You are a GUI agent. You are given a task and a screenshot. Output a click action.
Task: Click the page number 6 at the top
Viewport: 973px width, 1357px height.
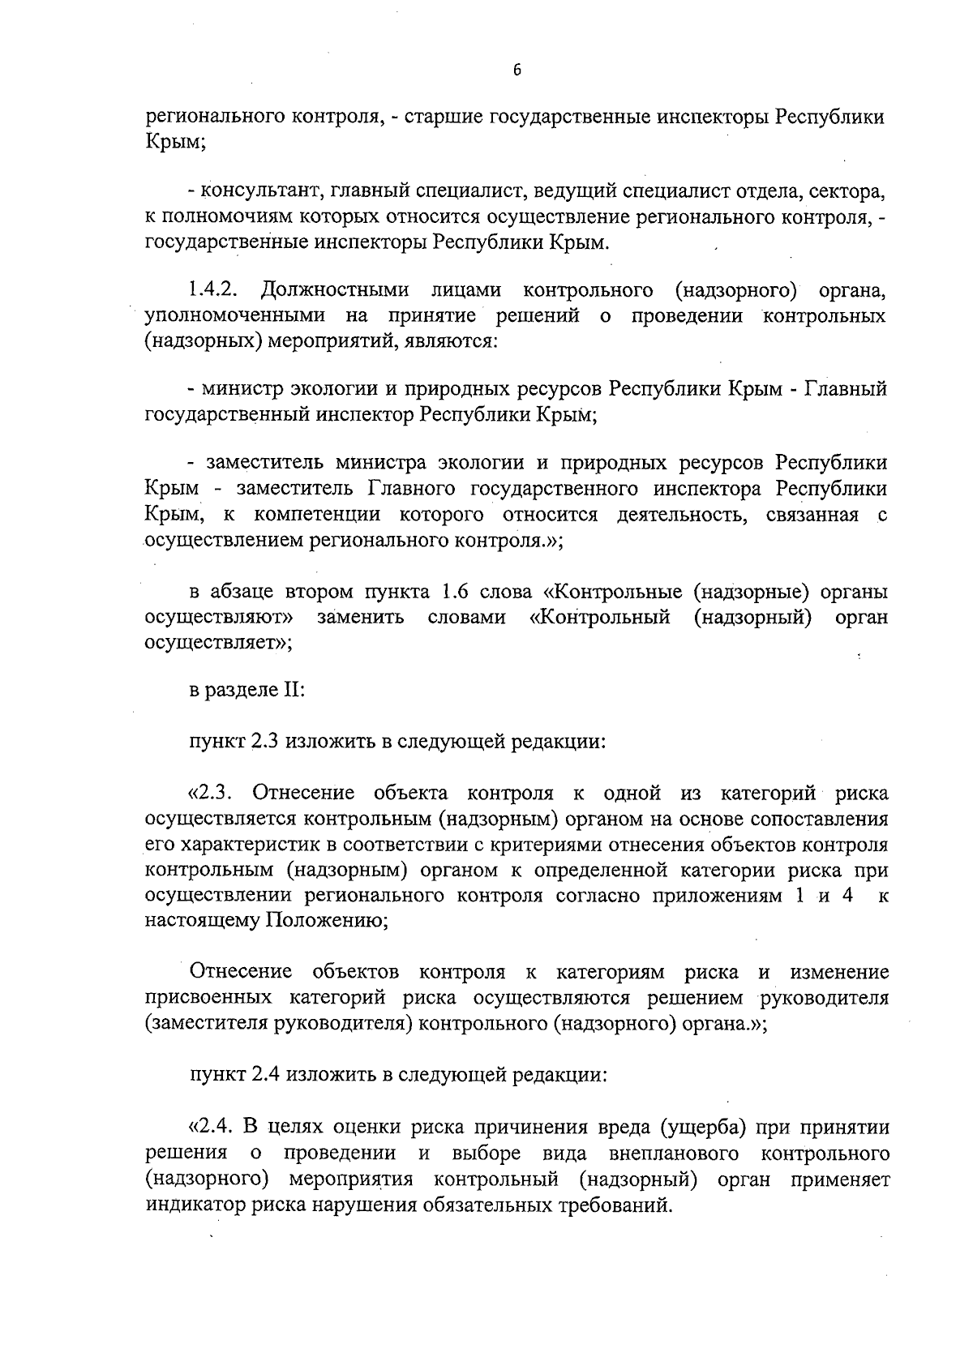click(517, 71)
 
